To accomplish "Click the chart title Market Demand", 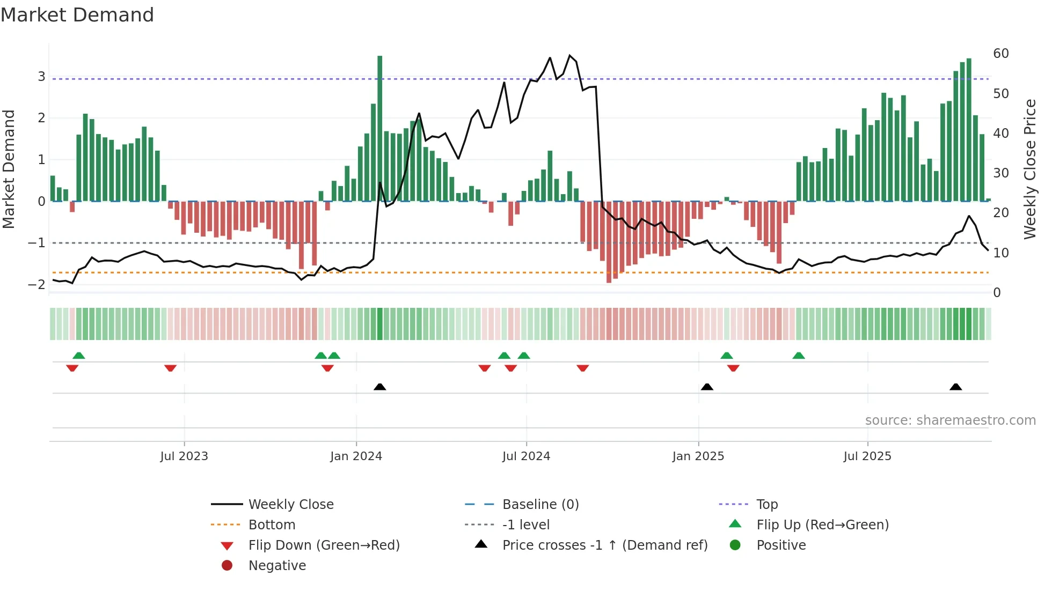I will pos(77,15).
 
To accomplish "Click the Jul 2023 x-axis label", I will pos(184,456).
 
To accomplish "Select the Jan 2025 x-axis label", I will pos(698,456).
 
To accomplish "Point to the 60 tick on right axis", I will pos(1000,54).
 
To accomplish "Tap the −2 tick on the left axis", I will pos(37,285).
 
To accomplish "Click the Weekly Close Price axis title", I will pos(1029,169).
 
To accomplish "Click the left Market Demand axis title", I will pos(9,169).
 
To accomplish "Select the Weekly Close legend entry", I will pos(290,505).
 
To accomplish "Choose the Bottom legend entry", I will pos(272,525).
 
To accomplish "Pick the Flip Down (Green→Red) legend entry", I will pos(324,545).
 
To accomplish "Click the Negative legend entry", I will pos(277,566).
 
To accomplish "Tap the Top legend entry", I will pos(766,505).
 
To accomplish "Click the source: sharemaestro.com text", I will pos(950,420).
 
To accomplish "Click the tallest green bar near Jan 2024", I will pos(380,129).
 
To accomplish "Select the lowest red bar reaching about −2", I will pos(609,241).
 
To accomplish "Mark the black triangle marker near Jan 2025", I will pos(707,387).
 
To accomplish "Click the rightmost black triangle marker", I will pos(955,387).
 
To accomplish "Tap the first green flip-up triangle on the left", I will pos(79,356).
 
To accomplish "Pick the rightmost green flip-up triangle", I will pos(799,356).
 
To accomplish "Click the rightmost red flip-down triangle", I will pos(733,368).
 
